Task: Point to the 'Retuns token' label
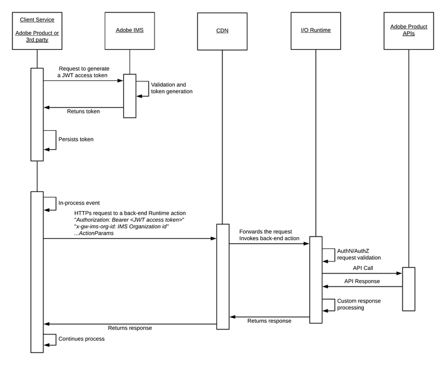(83, 111)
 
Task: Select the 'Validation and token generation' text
(172, 88)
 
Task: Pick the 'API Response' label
(363, 281)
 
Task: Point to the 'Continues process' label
(81, 339)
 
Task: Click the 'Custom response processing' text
(359, 304)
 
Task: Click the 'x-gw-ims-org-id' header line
(123, 226)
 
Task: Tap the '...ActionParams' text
(93, 233)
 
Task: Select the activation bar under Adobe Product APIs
(408, 289)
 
